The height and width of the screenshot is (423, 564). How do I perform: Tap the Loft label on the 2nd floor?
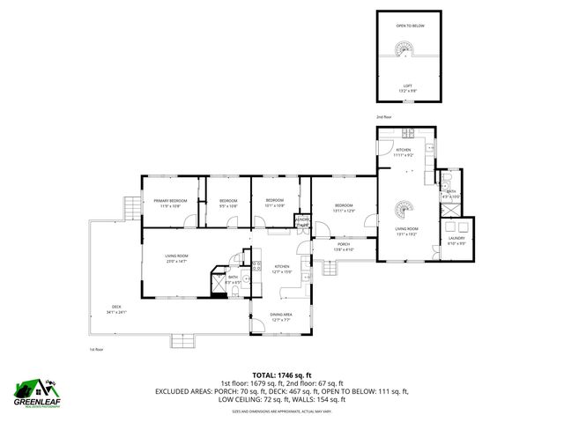pos(406,88)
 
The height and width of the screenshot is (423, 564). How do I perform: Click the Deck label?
pos(116,309)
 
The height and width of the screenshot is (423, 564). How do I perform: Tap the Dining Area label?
pos(281,316)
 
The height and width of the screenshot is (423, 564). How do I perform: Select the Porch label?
pos(343,248)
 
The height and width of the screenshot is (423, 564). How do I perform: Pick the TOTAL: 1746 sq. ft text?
pos(282,375)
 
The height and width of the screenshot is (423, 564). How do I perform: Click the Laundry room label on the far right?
pos(456,240)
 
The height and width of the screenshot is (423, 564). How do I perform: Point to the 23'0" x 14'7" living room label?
pos(177,259)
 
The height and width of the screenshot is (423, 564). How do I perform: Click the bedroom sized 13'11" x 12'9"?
pos(343,208)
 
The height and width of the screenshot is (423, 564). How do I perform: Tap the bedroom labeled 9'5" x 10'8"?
pos(228,203)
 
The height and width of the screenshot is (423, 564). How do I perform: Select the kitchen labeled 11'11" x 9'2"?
pos(404,152)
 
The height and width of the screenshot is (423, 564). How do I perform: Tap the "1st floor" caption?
pos(97,349)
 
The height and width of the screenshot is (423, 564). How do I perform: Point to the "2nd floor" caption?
pos(383,116)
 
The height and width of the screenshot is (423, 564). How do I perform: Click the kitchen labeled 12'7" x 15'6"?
pos(281,269)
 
